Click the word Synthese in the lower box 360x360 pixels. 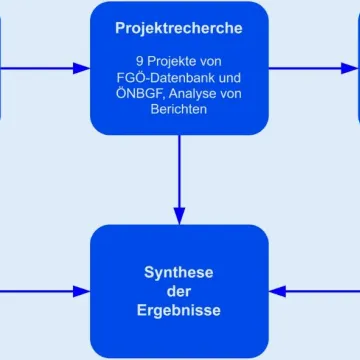point(180,272)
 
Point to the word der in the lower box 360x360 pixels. point(180,291)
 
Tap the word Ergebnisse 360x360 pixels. point(180,311)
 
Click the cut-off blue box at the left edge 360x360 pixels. point(5,69)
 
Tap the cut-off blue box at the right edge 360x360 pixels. point(356,69)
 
